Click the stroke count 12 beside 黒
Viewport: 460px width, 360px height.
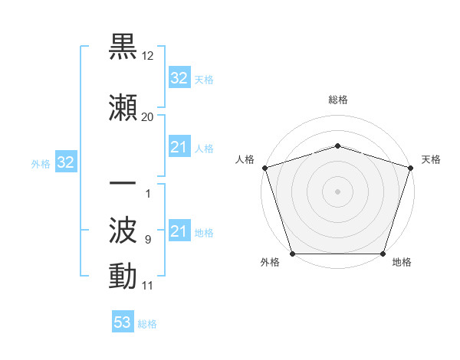click(148, 56)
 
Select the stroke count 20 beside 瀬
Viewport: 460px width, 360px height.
click(147, 116)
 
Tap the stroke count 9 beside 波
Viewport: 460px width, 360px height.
click(147, 240)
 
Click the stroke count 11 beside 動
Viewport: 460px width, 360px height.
click(147, 286)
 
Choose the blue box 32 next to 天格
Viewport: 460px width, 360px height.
click(179, 78)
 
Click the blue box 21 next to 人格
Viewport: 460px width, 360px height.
click(179, 147)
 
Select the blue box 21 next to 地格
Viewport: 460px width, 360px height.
click(179, 231)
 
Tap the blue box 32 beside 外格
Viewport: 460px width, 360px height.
click(66, 162)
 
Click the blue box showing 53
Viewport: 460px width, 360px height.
click(122, 322)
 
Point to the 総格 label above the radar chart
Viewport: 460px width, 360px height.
click(337, 100)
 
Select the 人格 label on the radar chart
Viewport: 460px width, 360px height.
click(244, 159)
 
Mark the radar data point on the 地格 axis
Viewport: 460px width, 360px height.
click(383, 254)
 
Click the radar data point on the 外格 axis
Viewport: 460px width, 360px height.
click(292, 254)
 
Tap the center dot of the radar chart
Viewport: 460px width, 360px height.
click(337, 191)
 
